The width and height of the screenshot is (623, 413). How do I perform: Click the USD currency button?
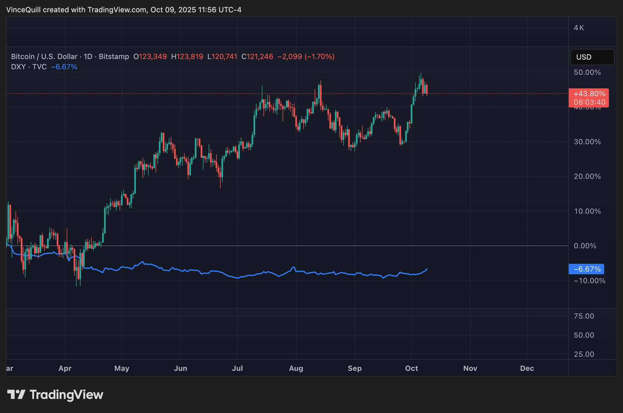click(x=592, y=57)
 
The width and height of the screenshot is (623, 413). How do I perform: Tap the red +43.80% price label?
click(x=589, y=94)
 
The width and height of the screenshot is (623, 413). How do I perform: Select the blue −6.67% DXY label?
click(x=586, y=269)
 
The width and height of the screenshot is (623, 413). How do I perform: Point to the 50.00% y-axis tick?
click(x=587, y=72)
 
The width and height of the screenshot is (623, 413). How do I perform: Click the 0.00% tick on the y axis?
click(x=585, y=246)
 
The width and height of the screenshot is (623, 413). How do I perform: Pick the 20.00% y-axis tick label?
click(x=587, y=176)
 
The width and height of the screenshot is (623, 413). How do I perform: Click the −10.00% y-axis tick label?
click(x=589, y=281)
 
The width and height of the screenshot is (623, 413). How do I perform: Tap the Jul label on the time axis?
click(x=237, y=368)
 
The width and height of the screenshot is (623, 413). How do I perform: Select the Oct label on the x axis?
click(x=411, y=368)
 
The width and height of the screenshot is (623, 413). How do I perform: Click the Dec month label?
click(x=527, y=368)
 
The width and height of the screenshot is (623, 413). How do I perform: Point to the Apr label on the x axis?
click(x=65, y=368)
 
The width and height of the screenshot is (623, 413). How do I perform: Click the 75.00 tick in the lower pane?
click(x=584, y=316)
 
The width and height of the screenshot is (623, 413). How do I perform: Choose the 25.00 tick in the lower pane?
click(x=584, y=354)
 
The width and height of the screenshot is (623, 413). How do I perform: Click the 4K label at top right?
click(x=579, y=28)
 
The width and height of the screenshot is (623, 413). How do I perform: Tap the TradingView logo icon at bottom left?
click(x=16, y=395)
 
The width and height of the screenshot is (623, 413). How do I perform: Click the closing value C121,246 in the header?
click(x=257, y=57)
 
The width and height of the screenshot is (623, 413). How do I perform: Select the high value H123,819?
click(x=187, y=57)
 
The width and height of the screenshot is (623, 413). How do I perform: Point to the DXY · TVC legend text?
click(x=29, y=67)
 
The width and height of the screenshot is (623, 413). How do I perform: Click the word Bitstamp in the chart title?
click(x=114, y=57)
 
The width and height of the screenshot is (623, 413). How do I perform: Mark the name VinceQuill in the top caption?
click(x=23, y=10)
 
